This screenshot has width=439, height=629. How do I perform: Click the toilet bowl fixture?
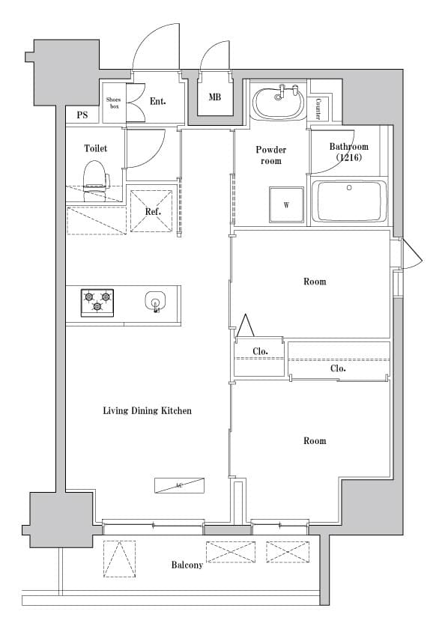point(94,177)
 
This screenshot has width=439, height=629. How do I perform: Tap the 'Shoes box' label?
point(114,103)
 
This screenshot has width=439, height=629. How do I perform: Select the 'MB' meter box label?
point(215,97)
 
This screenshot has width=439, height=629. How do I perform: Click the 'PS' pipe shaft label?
point(82,115)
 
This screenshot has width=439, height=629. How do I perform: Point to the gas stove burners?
point(97,301)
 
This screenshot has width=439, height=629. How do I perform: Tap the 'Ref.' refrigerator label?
point(153,211)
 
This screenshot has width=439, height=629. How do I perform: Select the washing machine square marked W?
point(286,204)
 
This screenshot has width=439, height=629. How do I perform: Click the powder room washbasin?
point(278,103)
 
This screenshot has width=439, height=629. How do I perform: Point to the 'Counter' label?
point(318,109)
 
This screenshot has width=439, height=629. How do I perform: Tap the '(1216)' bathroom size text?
point(349,158)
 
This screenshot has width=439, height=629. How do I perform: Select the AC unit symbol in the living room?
point(179,485)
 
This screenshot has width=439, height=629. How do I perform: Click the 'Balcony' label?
point(187,565)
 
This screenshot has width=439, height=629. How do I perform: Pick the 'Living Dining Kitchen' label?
point(148,410)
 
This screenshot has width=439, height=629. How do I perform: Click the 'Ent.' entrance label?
point(157,101)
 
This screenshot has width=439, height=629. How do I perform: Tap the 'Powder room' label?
point(270,155)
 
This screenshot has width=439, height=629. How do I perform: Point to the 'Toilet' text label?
point(95,148)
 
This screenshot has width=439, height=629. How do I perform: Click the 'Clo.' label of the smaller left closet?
point(260,350)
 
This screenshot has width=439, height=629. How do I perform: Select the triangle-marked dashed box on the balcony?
point(119,559)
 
